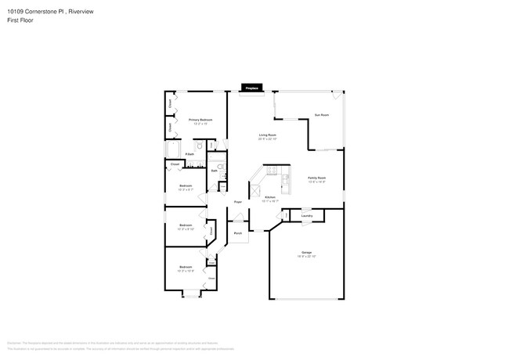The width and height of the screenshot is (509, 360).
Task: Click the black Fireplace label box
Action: point(251,88)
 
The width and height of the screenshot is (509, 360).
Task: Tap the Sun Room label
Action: point(321,115)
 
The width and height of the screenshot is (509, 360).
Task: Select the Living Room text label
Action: point(269,135)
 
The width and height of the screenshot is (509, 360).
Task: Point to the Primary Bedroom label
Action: point(200,120)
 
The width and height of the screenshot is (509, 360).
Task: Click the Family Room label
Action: point(316,178)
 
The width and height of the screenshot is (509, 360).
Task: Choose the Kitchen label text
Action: point(269,196)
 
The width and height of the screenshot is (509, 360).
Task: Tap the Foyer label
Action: point(237,202)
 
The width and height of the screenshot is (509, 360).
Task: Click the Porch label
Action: point(237,233)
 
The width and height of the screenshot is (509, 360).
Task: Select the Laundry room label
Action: point(307,215)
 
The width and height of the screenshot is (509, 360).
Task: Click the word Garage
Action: point(306,252)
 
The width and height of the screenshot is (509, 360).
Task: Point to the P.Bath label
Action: point(190,154)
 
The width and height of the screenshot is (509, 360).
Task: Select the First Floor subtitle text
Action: point(20,20)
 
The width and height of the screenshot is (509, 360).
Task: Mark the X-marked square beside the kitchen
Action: point(255,190)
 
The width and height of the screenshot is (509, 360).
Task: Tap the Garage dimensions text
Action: point(306,257)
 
